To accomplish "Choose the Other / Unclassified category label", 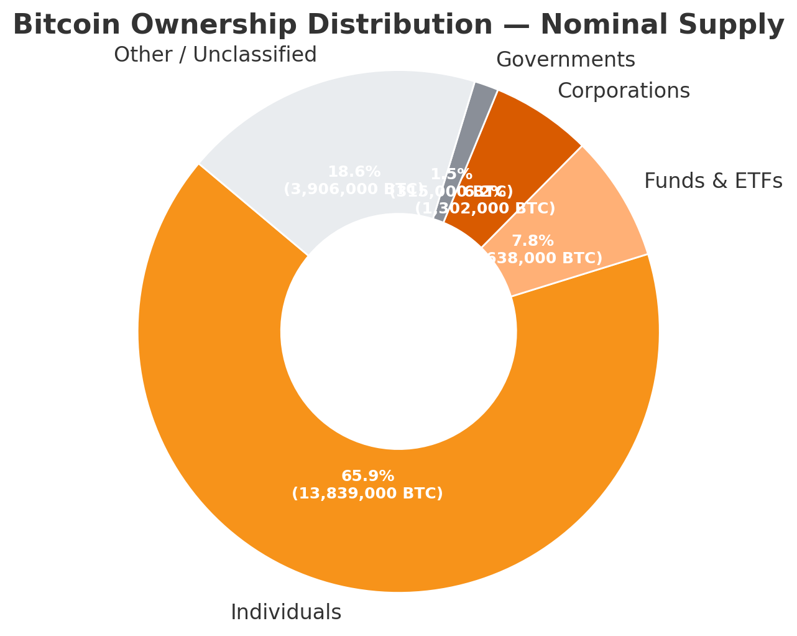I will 215,55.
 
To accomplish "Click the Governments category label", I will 565,60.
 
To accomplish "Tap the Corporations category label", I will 624,91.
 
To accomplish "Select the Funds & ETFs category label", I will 713,181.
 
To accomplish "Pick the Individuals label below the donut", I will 286,612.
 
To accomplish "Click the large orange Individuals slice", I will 398,529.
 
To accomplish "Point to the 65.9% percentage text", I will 367,476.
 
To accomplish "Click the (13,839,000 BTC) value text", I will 367,493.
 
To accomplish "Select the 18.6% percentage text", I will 354,172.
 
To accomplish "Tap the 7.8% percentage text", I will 532,241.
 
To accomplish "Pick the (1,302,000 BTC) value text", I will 485,209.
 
